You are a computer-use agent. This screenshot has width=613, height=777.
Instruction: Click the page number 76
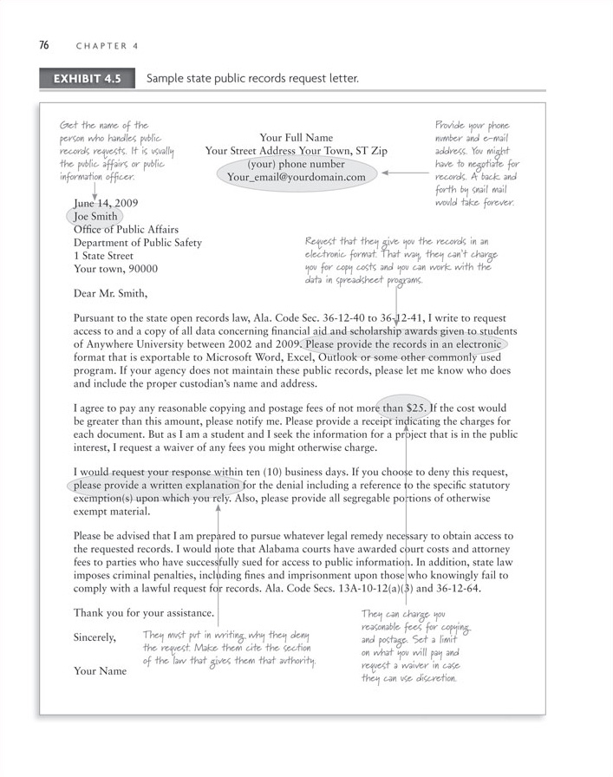click(x=43, y=46)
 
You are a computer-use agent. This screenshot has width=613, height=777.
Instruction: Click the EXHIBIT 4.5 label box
click(x=87, y=79)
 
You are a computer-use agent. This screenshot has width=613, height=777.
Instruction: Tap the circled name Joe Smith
click(x=96, y=217)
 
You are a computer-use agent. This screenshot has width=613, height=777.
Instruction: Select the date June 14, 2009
click(x=106, y=204)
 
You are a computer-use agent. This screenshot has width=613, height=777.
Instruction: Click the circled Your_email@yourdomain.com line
click(x=297, y=177)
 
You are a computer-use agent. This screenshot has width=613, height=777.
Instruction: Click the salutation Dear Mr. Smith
click(x=117, y=293)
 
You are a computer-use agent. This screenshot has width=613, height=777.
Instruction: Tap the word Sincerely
click(x=95, y=637)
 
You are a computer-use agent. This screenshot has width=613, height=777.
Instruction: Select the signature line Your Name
click(x=100, y=671)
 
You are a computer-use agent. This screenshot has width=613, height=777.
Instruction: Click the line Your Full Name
click(x=296, y=137)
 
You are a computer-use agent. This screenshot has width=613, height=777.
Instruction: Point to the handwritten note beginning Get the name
click(x=116, y=151)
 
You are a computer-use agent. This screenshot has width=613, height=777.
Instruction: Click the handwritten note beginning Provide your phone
click(x=477, y=163)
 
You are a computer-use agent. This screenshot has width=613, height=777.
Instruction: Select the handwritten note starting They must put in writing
click(x=229, y=648)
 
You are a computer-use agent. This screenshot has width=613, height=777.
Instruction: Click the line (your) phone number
click(x=296, y=164)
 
